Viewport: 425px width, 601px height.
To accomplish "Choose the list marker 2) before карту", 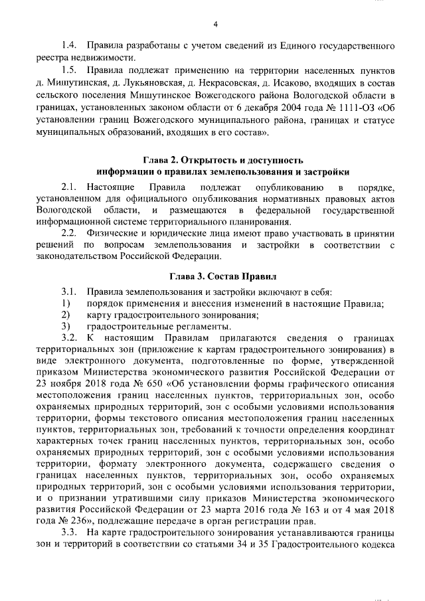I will pos(65,315).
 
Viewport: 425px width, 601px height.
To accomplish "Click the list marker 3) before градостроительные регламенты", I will pos(65,327).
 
